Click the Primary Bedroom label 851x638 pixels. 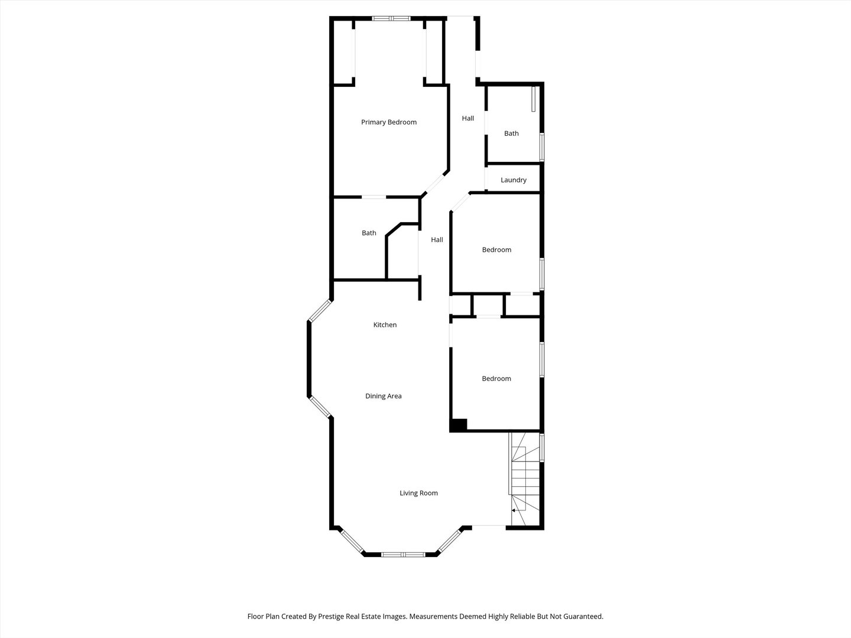[389, 122]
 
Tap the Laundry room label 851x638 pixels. [513, 180]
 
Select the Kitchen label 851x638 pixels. [385, 325]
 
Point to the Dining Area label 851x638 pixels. [383, 396]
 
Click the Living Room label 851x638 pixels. [418, 493]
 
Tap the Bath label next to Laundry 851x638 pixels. [511, 134]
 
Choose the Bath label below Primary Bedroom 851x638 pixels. [369, 233]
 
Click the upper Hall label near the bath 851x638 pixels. [467, 118]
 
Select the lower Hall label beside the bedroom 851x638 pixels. [437, 240]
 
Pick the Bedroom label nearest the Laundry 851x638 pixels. [496, 250]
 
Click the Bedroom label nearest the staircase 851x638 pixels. [496, 379]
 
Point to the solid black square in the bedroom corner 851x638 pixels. [459, 425]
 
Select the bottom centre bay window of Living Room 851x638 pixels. [402, 554]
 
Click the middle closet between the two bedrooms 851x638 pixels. [488, 306]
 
